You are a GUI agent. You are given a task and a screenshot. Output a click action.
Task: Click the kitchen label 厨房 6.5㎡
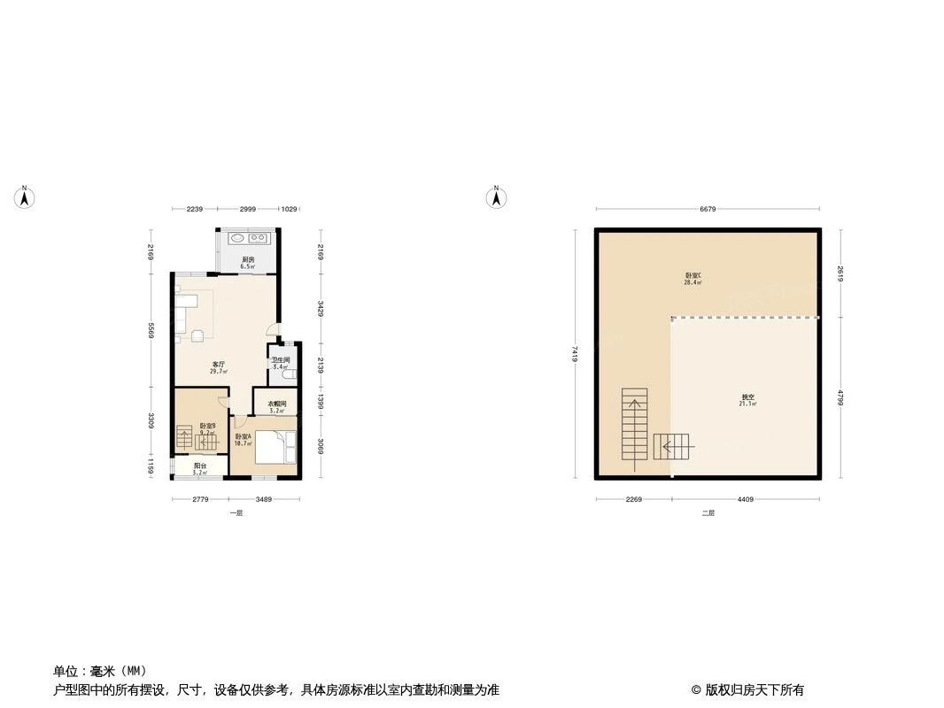pos(248,263)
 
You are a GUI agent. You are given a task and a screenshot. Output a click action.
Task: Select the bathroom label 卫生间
pos(281,362)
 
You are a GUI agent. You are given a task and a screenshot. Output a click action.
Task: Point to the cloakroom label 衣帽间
pos(277,406)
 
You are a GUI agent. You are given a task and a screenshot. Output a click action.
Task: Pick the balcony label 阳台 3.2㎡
pos(201,470)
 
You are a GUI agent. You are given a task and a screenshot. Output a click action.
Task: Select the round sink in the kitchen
pos(239,238)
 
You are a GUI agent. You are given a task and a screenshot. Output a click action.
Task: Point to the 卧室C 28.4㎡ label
pos(693,279)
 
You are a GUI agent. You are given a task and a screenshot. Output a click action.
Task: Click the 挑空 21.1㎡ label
pos(747,399)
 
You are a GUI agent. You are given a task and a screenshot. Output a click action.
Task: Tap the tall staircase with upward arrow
pos(634,428)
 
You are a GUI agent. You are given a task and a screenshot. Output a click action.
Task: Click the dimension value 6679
pos(707,210)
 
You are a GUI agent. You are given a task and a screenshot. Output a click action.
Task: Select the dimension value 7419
pos(576,353)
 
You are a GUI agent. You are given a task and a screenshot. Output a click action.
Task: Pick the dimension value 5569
pos(151,330)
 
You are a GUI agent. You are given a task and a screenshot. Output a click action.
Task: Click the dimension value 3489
pos(263,500)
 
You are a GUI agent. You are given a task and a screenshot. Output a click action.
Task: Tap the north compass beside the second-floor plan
pos(497,197)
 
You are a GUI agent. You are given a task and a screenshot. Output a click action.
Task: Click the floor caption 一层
pos(235,513)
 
